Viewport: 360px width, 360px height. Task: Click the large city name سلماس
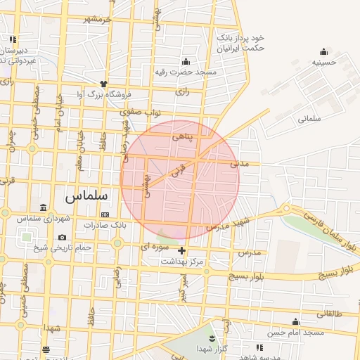(85, 195)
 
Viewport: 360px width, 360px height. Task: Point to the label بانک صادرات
(104, 225)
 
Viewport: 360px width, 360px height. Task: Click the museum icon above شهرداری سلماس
(44, 208)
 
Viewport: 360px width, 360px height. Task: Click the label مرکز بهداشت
(182, 261)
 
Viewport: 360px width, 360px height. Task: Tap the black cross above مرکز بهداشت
(182, 250)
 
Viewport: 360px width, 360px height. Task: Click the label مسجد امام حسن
(294, 332)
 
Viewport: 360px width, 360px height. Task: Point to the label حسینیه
(324, 62)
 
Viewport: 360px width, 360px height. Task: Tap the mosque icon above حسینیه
(323, 51)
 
